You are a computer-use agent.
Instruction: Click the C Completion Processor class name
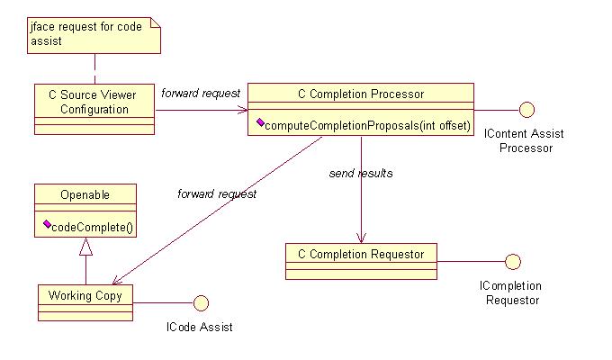pyautogui.click(x=360, y=93)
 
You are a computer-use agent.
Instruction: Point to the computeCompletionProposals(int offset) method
pyautogui.click(x=366, y=125)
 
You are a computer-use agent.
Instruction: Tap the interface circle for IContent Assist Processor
pyautogui.click(x=527, y=110)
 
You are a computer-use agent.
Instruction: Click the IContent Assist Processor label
pyautogui.click(x=524, y=140)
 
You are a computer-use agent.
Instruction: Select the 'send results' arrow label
pyautogui.click(x=360, y=172)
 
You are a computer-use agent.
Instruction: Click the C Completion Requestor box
pyautogui.click(x=360, y=255)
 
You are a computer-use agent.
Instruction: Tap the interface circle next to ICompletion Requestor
pyautogui.click(x=513, y=262)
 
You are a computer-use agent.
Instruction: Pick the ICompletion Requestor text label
pyautogui.click(x=512, y=292)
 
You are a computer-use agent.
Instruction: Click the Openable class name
pyautogui.click(x=85, y=193)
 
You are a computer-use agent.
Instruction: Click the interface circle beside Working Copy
pyautogui.click(x=201, y=301)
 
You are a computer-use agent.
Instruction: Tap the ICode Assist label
pyautogui.click(x=200, y=327)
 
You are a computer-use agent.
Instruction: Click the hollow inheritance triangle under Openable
pyautogui.click(x=85, y=244)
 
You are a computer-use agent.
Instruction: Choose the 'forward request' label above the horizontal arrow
pyautogui.click(x=201, y=93)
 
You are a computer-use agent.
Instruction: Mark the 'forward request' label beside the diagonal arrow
pyautogui.click(x=217, y=193)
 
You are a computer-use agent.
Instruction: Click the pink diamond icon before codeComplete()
pyautogui.click(x=45, y=225)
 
